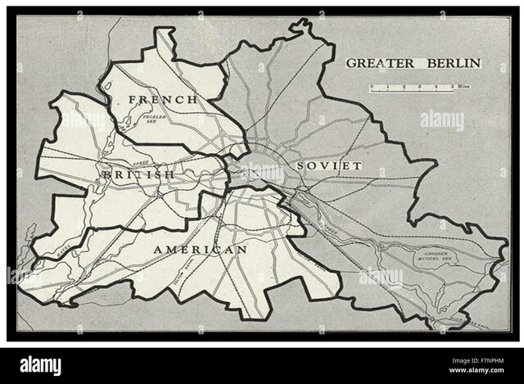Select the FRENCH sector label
click(x=162, y=99)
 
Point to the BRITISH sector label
click(x=136, y=174)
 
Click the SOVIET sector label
click(x=328, y=165)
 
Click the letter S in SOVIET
click(x=302, y=165)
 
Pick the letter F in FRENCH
click(x=132, y=99)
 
